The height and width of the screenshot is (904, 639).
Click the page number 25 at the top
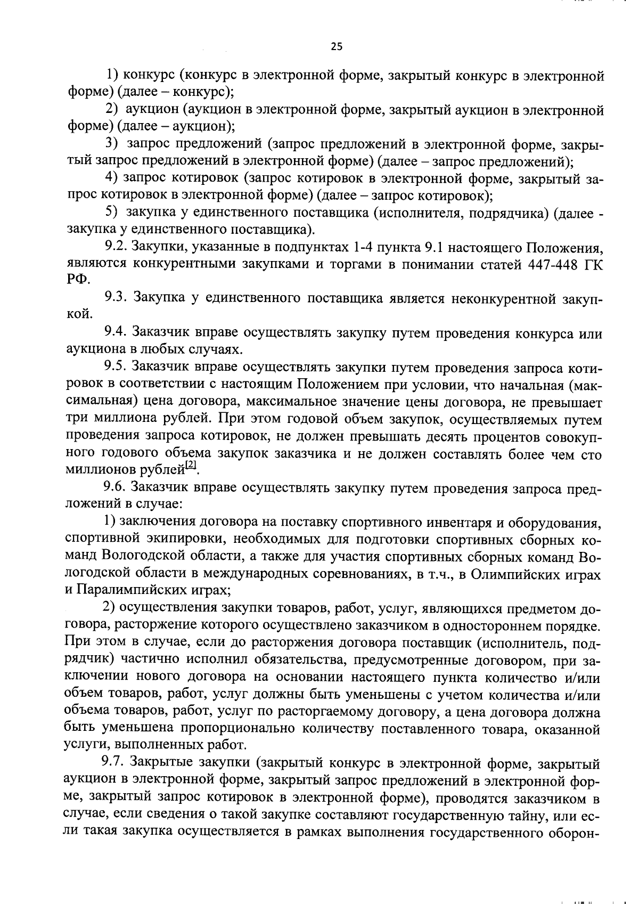(337, 46)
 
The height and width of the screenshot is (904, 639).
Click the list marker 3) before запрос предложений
(111, 144)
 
